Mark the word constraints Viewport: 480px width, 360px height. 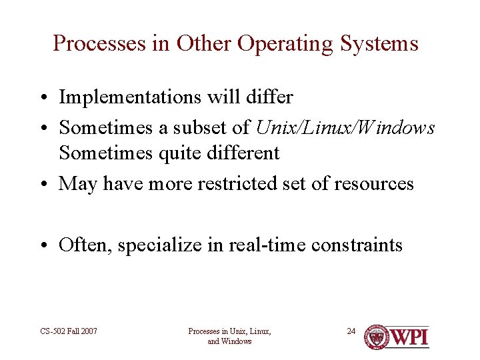(357, 245)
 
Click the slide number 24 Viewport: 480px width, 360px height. (352, 331)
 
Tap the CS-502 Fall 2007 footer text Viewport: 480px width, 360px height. (68, 331)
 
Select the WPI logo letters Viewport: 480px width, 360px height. (409, 337)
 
